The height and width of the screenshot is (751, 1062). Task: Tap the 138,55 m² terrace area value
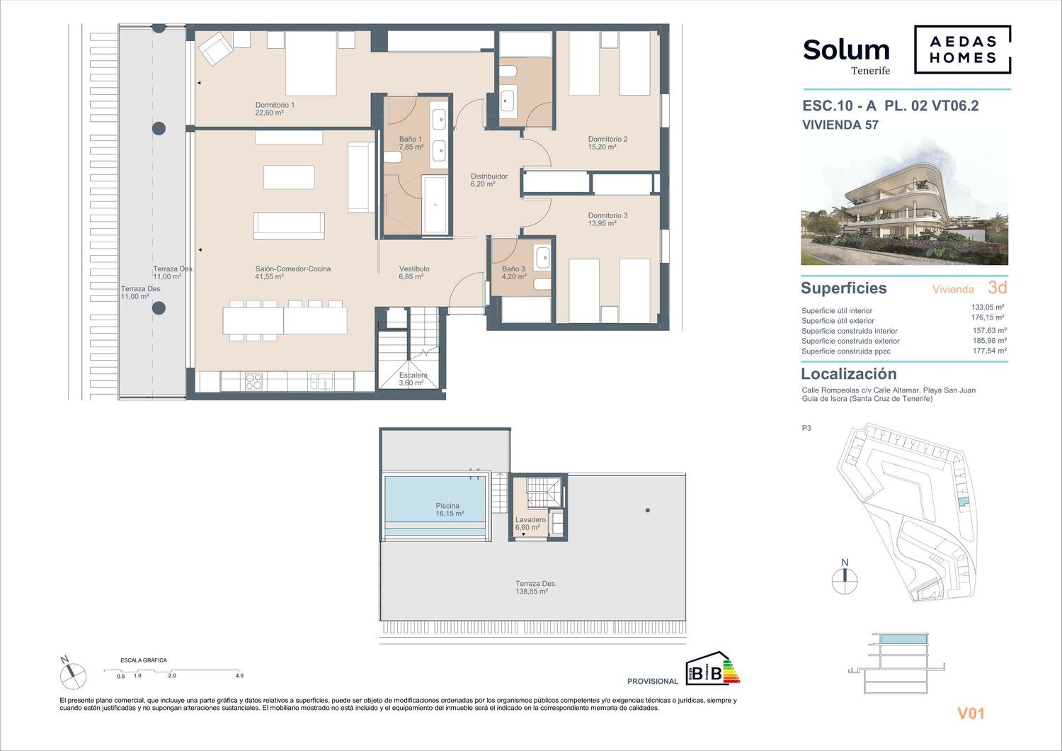pos(532,592)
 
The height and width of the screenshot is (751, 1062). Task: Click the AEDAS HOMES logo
pos(962,50)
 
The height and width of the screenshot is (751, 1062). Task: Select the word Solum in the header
pos(846,50)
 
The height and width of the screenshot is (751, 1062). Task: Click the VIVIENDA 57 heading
pos(840,125)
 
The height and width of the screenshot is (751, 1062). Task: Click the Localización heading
pos(849,374)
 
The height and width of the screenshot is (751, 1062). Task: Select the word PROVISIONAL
pos(653,682)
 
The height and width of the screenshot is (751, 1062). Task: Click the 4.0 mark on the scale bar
pos(239,676)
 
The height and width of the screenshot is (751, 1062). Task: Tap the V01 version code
pos(971,713)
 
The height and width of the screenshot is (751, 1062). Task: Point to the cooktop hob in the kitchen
pos(253,381)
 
